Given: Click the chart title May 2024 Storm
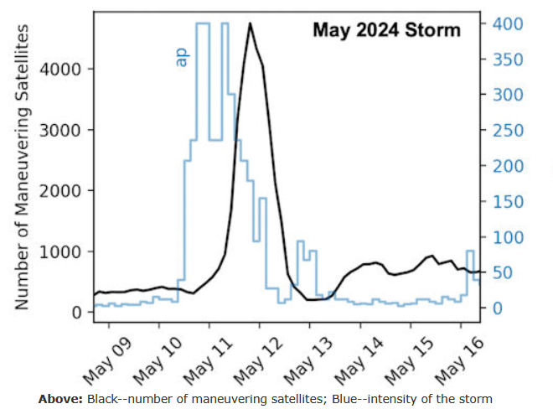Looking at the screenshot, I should click(x=386, y=30).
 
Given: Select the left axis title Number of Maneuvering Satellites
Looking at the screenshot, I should click(x=23, y=168).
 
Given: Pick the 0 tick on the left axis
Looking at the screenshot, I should click(x=76, y=313).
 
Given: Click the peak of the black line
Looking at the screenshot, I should click(x=250, y=24).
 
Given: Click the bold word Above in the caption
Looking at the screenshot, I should click(x=59, y=398).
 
